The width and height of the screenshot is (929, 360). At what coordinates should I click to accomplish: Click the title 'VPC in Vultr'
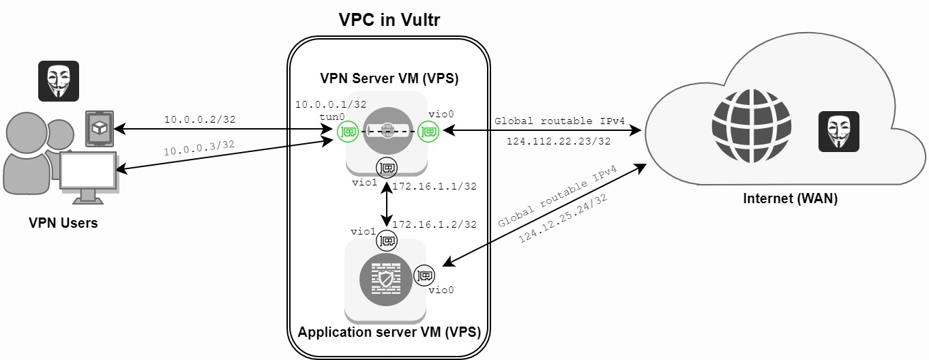389,20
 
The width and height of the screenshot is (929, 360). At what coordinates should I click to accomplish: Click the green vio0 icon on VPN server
427,130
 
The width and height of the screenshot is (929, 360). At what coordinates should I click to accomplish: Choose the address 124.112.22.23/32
558,141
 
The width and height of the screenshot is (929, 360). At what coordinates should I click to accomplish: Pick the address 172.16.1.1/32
434,185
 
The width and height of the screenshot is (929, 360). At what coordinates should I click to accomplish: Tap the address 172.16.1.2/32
434,224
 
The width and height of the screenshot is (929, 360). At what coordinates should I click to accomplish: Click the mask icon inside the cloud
838,131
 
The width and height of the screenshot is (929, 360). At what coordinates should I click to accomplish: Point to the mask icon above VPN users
58,81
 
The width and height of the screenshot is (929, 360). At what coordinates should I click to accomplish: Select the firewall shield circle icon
386,280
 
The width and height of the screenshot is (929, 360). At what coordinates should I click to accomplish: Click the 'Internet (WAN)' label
790,200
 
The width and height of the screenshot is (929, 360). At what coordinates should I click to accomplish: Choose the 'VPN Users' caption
63,223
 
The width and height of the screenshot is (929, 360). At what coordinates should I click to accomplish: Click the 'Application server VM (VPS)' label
389,333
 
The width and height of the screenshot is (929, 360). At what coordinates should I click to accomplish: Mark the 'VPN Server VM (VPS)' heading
389,78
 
